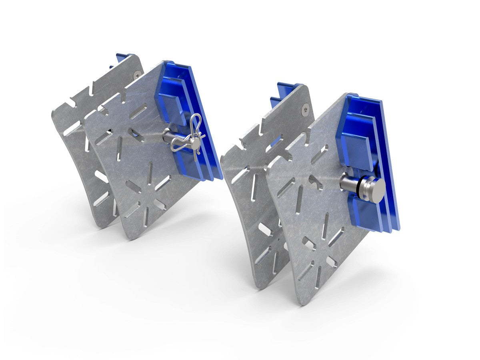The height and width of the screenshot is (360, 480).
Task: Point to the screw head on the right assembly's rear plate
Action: (x=306, y=107)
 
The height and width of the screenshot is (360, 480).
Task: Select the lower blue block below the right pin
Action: (x=362, y=212)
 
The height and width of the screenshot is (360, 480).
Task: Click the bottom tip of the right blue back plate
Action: (x=394, y=228)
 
